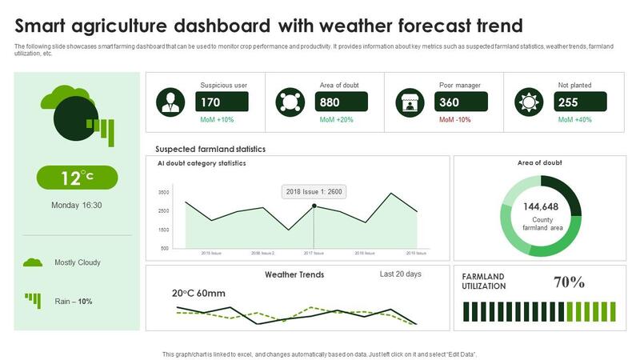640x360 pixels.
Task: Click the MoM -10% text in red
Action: coord(455,120)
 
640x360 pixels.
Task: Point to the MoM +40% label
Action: coord(574,120)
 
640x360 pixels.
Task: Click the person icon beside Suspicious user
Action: coord(169,102)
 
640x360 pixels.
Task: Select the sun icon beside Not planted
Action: coord(528,102)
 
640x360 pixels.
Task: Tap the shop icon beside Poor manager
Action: coord(409,102)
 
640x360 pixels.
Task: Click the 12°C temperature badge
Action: coord(77,178)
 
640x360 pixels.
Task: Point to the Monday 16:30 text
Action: coord(77,205)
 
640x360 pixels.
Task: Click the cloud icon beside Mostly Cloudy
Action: coord(32,262)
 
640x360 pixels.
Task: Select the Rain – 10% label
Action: coord(74,302)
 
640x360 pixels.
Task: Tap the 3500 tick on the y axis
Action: coord(164,193)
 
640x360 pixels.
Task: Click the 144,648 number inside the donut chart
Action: coord(540,206)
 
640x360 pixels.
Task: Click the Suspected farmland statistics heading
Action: coord(210,149)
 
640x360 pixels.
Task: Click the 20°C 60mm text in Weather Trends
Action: coord(199,293)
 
